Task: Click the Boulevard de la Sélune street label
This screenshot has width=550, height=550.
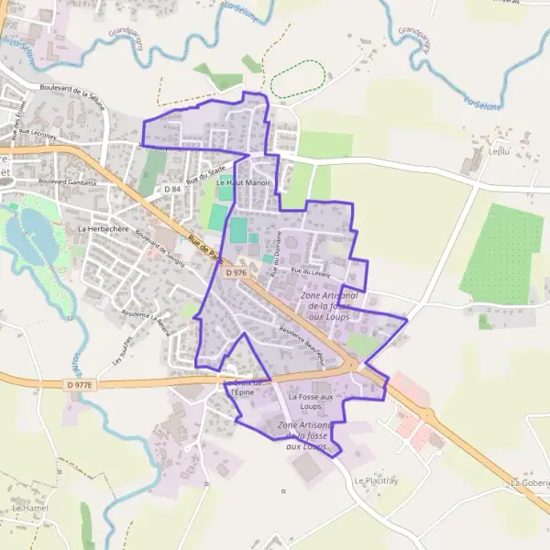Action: [x=72, y=96]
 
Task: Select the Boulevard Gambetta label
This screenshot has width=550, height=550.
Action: [x=68, y=182]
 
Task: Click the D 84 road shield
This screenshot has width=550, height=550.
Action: [x=173, y=189]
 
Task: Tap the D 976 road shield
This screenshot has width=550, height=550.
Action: [x=236, y=272]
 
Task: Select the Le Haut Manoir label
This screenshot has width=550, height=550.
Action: [x=243, y=182]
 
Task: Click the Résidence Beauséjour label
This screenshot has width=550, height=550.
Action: [x=302, y=345]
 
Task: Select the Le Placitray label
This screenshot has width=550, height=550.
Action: [x=377, y=480]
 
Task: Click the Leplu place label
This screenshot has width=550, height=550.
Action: [x=499, y=151]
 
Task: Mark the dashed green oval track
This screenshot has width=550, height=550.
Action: [x=298, y=80]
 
